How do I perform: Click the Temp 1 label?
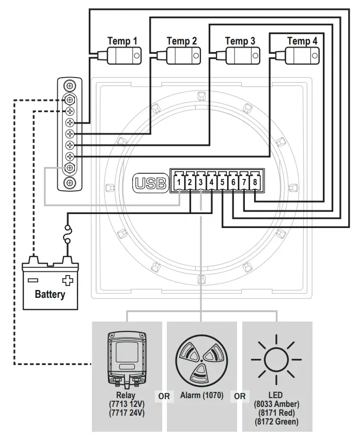(122, 41)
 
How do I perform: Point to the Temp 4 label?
(302, 41)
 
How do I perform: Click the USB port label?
(151, 183)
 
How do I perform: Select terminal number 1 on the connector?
(178, 182)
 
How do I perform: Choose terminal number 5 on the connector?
(222, 182)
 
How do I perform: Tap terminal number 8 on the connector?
(255, 182)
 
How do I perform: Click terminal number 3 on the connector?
(200, 182)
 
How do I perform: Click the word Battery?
(50, 295)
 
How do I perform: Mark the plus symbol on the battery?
(67, 281)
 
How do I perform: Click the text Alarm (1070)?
(201, 396)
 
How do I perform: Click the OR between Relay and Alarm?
(164, 397)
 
